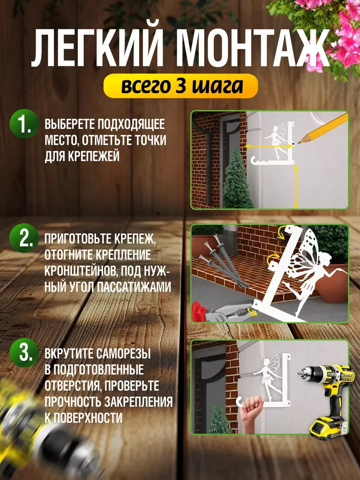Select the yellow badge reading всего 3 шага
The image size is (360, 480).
click(x=180, y=86)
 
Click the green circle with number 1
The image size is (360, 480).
click(x=24, y=124)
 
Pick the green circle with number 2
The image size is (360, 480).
click(x=24, y=238)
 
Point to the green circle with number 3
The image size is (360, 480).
click(x=24, y=352)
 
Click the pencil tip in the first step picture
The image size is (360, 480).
click(x=299, y=143)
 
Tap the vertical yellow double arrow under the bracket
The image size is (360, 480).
click(x=296, y=186)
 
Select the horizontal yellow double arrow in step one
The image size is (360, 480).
click(x=269, y=146)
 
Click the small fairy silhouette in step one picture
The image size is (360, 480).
click(x=276, y=140)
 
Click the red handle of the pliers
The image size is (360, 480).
click(x=199, y=311)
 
